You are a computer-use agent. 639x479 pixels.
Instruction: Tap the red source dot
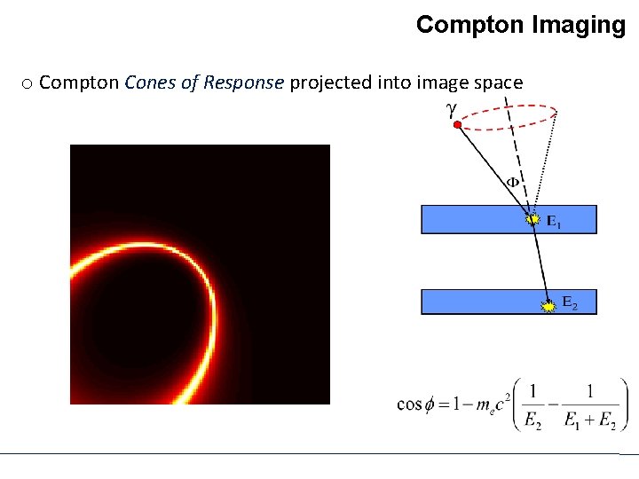pos(457,126)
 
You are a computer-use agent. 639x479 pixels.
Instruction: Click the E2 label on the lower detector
pos(569,304)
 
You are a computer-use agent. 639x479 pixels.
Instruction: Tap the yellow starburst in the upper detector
pos(532,217)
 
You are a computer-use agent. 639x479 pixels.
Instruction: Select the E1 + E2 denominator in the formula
pos(589,421)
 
